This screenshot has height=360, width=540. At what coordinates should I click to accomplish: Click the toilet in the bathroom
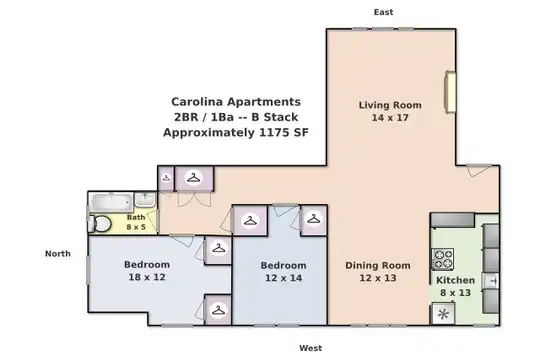pyautogui.click(x=100, y=224)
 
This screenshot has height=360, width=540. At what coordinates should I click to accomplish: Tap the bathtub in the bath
pyautogui.click(x=112, y=202)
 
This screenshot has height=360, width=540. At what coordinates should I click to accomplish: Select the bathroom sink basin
pyautogui.click(x=145, y=199)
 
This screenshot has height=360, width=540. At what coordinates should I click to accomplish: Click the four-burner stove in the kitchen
pyautogui.click(x=443, y=259)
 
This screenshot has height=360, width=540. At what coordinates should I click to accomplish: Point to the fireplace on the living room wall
pyautogui.click(x=450, y=92)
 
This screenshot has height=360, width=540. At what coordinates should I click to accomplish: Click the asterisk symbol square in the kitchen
pyautogui.click(x=444, y=314)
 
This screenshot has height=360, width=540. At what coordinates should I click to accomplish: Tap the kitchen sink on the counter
pyautogui.click(x=491, y=281)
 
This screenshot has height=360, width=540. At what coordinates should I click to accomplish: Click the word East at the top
pyautogui.click(x=383, y=12)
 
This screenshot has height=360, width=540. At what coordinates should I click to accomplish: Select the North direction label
pyautogui.click(x=58, y=254)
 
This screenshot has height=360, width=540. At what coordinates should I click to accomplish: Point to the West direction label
pyautogui.click(x=311, y=348)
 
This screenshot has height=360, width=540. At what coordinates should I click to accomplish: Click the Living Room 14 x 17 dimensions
pyautogui.click(x=390, y=117)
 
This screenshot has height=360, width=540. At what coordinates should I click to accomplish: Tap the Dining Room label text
pyautogui.click(x=378, y=265)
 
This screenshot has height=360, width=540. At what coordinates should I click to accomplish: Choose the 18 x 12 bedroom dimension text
pyautogui.click(x=147, y=277)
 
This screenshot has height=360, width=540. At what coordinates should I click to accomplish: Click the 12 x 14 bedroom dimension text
pyautogui.click(x=283, y=278)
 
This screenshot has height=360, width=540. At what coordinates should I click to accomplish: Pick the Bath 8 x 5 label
pyautogui.click(x=136, y=222)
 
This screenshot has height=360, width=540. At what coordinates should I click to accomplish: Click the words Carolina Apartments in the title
pyautogui.click(x=236, y=102)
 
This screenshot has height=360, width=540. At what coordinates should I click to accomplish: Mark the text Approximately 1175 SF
pyautogui.click(x=236, y=132)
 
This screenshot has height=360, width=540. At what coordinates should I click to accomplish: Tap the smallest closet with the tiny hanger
pyautogui.click(x=166, y=178)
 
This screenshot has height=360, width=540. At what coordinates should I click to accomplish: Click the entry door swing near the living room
pyautogui.click(x=479, y=170)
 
